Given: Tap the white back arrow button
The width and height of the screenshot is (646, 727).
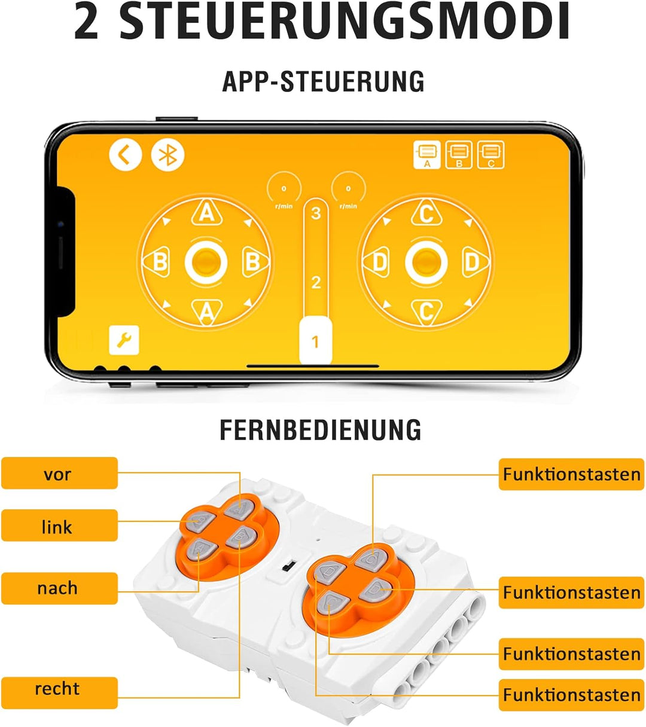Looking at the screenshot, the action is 125,155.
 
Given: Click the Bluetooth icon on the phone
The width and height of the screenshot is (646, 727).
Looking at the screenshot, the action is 167,155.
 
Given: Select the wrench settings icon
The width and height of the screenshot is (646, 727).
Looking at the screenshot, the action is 124,340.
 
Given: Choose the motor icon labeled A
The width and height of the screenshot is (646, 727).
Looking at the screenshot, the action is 427,155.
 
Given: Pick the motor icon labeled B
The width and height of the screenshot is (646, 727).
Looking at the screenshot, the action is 459,155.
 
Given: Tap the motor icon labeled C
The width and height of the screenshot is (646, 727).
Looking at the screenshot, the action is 491,155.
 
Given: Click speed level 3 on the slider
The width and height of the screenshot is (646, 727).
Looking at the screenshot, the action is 316,213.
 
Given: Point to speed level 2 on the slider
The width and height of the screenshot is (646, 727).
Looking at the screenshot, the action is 316,283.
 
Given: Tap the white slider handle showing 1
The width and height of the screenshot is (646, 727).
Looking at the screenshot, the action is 316,341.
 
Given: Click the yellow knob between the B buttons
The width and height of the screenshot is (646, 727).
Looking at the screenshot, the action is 206,262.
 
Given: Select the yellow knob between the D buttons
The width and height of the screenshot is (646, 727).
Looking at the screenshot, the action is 426,262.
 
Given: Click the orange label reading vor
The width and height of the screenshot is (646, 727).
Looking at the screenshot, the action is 60,473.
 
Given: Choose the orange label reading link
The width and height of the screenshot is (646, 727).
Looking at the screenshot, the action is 60,526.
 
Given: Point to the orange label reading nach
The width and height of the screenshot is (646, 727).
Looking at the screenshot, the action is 60,588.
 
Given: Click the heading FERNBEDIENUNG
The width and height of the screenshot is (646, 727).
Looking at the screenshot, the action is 320,429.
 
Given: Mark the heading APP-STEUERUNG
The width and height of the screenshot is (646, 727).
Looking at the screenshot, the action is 323,81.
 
